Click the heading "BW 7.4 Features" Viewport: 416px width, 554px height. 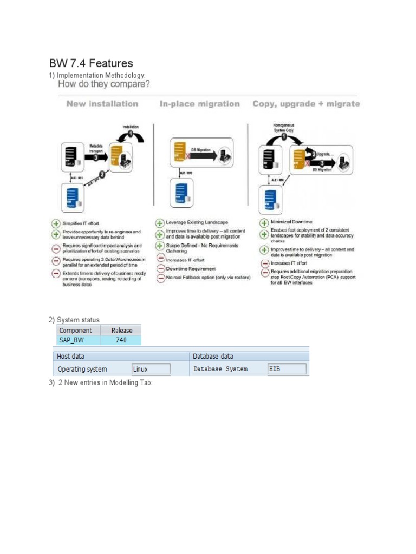(90, 64)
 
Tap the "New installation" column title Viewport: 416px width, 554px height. (102, 103)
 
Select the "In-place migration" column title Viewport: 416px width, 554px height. (199, 103)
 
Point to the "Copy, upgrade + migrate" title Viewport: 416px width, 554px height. (306, 103)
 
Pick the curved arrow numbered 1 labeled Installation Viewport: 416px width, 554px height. (131, 135)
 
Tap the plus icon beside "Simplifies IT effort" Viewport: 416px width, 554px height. (56, 223)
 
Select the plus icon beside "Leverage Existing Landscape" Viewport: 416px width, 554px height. (160, 222)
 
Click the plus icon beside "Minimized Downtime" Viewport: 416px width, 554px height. (265, 222)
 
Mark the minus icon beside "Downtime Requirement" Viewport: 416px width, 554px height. (160, 269)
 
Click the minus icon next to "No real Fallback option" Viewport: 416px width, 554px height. (160, 278)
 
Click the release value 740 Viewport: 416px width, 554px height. (121, 340)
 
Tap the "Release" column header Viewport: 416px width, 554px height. (121, 330)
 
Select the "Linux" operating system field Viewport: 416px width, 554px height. (151, 369)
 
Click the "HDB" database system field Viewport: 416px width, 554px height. (287, 369)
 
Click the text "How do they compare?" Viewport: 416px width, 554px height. (103, 84)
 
